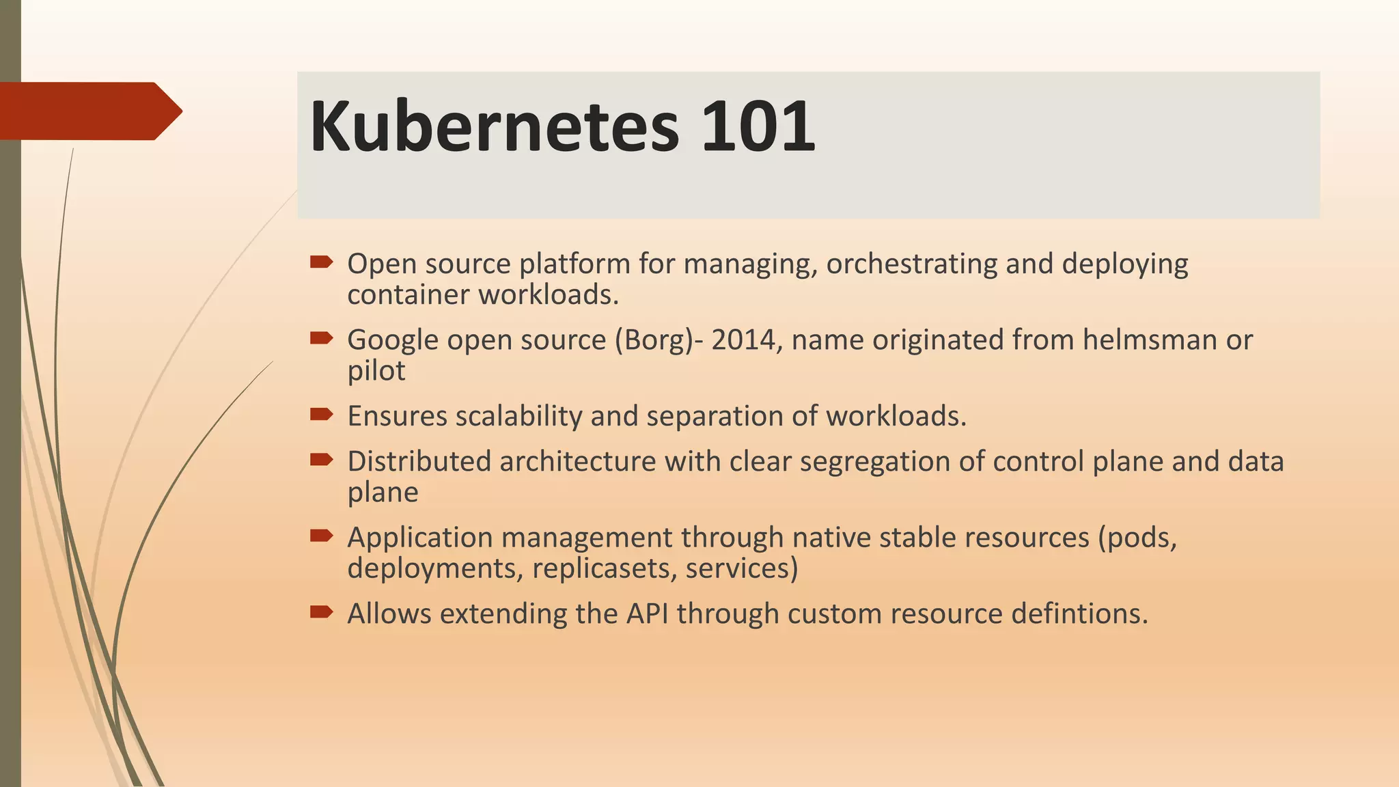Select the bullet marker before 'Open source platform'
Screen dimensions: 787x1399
(320, 262)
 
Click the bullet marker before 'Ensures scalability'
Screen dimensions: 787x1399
(320, 414)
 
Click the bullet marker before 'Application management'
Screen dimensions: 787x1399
(320, 536)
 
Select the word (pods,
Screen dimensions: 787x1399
(1137, 538)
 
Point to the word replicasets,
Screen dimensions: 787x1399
(604, 568)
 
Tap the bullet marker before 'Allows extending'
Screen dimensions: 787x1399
(320, 611)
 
